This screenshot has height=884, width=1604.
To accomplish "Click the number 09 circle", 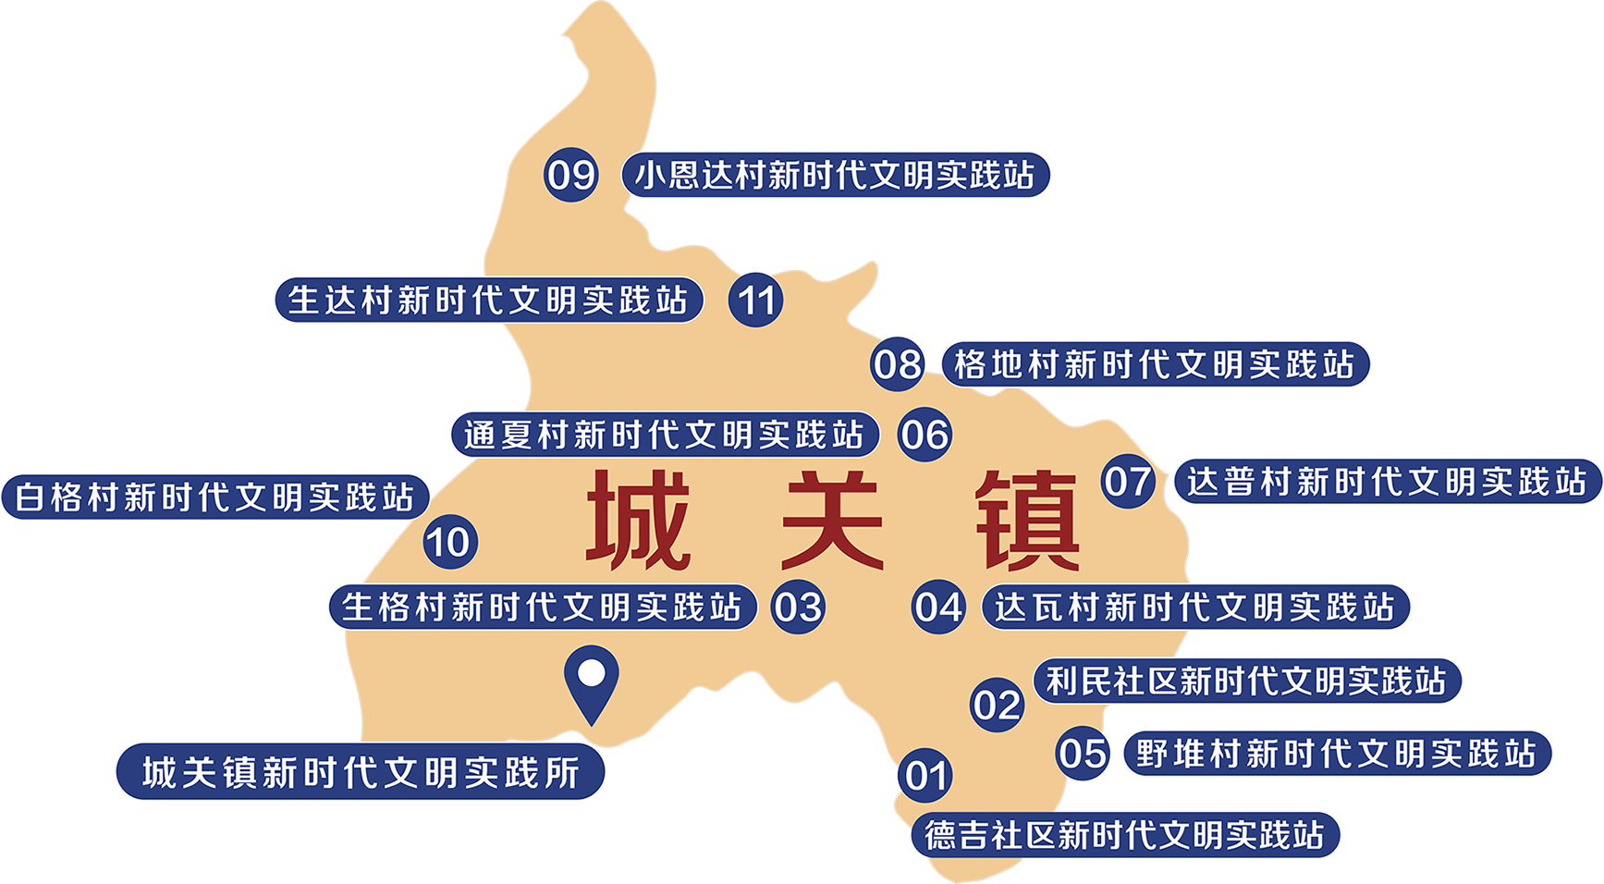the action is [x=570, y=175].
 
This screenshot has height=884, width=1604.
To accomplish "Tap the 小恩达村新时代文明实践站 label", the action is [x=835, y=175].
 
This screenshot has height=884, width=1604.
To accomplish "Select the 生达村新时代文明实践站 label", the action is [x=488, y=301].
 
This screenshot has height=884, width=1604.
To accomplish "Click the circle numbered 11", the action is [x=756, y=301].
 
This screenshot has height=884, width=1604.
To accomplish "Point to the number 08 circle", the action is [x=897, y=364].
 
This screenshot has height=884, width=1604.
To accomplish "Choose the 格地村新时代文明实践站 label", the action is [x=1154, y=364].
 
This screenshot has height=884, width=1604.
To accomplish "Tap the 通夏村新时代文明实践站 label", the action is [x=664, y=435].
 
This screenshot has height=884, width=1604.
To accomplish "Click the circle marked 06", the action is [x=924, y=435].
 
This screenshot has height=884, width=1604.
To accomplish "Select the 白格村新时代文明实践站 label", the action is [x=214, y=497].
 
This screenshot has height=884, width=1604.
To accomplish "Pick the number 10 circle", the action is [x=450, y=542].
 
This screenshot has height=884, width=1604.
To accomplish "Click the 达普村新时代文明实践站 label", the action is [x=1387, y=482].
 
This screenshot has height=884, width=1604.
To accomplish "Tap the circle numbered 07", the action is [x=1128, y=482].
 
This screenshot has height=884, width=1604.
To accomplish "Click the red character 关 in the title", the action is [x=833, y=520].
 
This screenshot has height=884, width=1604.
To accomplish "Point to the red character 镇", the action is [x=1027, y=520].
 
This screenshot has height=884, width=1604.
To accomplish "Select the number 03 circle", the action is [x=798, y=608].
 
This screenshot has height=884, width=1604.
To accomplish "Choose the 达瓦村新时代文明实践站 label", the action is [x=1194, y=608].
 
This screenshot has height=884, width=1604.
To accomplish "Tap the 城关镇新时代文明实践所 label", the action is [x=361, y=772].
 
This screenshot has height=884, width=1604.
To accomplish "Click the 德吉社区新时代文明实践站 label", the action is [x=1125, y=835].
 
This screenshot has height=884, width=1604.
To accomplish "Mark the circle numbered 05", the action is [x=1084, y=753].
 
